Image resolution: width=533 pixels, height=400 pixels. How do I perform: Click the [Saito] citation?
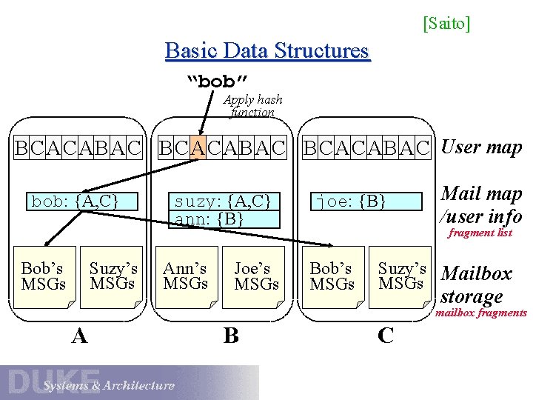click(446, 24)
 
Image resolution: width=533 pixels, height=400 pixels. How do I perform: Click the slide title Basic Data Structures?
click(266, 51)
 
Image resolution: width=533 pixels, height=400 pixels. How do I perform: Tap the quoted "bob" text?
click(217, 79)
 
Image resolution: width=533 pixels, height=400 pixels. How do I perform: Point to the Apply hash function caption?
click(253, 106)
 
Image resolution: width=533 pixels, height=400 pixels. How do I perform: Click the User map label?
click(481, 147)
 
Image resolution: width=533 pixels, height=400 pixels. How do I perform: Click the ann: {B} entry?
click(209, 219)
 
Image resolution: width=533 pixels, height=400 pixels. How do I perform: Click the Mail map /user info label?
click(481, 204)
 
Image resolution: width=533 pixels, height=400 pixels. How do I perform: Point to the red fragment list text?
click(482, 233)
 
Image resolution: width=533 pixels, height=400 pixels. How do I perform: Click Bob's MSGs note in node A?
click(44, 276)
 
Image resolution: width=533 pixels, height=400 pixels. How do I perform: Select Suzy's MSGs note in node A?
click(112, 276)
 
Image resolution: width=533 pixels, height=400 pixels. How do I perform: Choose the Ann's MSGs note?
click(185, 276)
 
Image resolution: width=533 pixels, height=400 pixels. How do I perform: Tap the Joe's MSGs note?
click(256, 276)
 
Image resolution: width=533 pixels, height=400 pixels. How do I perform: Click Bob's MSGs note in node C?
click(332, 276)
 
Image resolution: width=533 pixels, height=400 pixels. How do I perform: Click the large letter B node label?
click(231, 336)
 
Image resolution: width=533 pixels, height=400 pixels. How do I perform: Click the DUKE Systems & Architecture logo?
click(89, 382)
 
